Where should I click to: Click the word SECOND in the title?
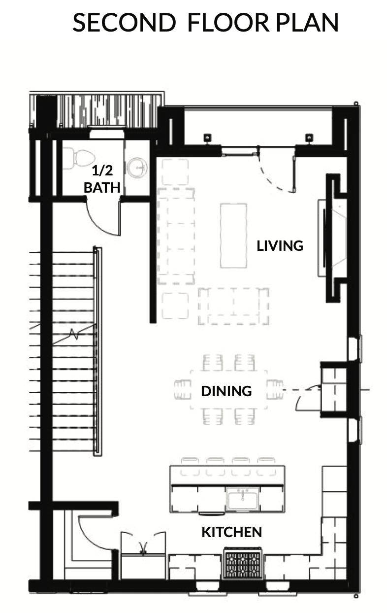[125, 23]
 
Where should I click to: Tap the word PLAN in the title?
[307, 23]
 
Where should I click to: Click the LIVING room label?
[280, 246]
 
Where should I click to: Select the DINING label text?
[226, 391]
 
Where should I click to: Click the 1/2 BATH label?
[102, 179]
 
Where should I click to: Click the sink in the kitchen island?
[242, 500]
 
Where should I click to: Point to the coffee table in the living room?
[234, 236]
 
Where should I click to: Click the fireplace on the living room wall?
[332, 238]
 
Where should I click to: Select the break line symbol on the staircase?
[74, 334]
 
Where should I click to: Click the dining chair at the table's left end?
[183, 389]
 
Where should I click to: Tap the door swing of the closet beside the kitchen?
[96, 532]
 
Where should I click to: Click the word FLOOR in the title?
[228, 23]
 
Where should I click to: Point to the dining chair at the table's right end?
[275, 389]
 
